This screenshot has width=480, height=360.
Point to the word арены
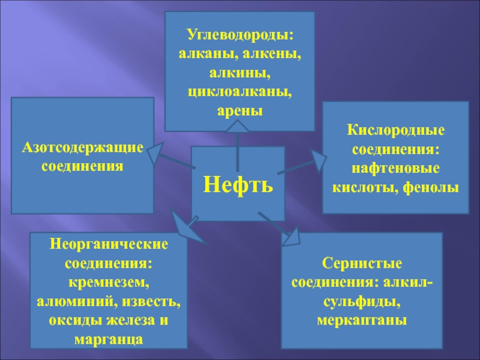point(240,112)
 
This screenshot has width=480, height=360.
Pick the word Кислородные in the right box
point(396,130)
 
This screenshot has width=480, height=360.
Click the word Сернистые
point(362,263)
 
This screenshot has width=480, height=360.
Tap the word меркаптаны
point(362,320)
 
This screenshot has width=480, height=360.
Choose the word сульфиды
point(362,301)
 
